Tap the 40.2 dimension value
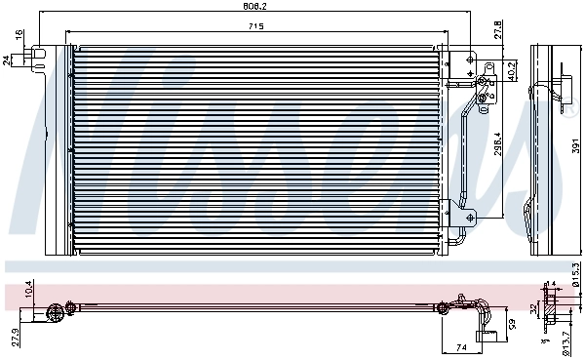pos(512,70)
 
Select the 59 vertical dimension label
pos(511,324)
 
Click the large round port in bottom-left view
pos(54,311)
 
